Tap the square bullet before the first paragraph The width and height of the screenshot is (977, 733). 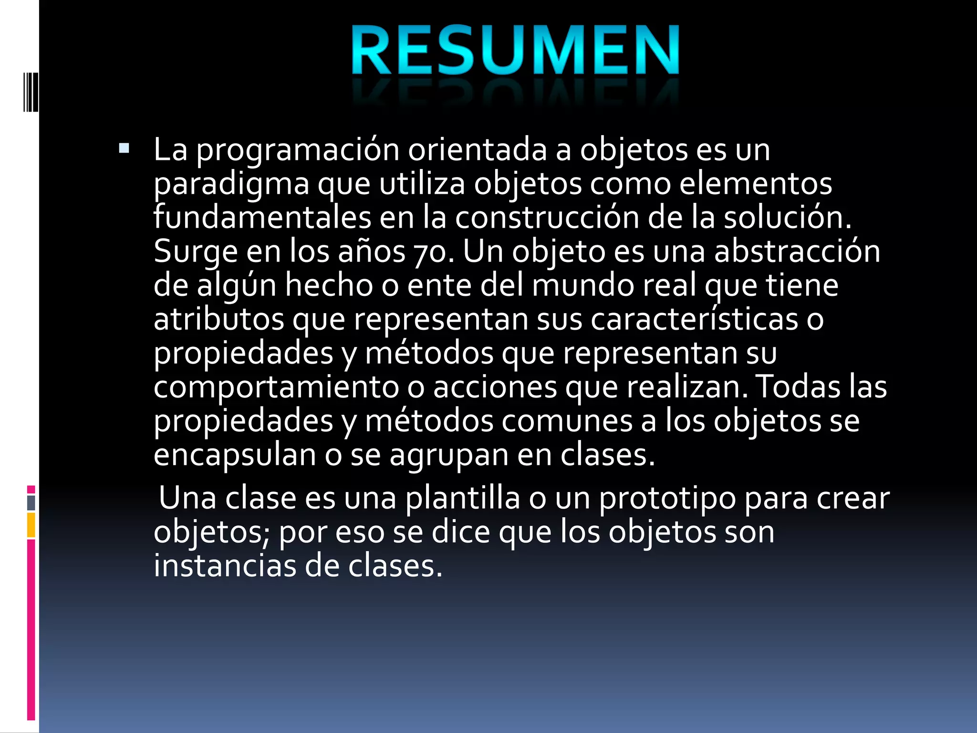coord(124,148)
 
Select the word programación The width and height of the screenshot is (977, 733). coord(298,151)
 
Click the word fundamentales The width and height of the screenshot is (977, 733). coord(262,218)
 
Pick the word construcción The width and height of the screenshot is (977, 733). coord(547,218)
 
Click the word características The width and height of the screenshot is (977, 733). coord(695,319)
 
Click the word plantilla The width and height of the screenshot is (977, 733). coord(462,498)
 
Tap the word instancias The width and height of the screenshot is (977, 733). coord(225,566)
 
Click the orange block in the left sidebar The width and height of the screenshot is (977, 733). coord(31,525)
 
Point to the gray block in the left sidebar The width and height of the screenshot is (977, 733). coord(31,503)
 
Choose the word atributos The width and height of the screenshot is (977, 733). coord(218,319)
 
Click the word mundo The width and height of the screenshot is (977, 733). coord(582,285)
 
